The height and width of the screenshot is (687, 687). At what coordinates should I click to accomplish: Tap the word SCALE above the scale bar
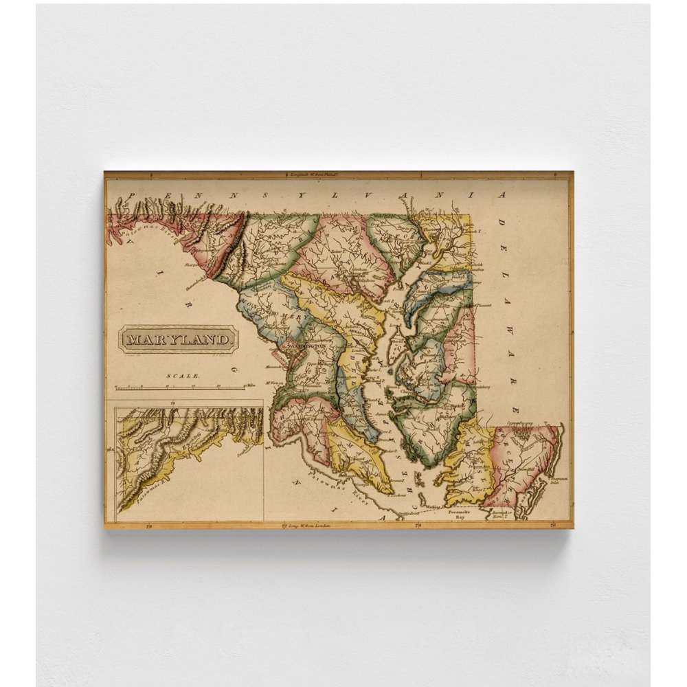coord(183,376)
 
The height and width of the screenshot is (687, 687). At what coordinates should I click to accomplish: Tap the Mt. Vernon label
coord(276,383)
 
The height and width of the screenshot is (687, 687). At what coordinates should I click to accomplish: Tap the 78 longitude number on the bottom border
coord(149,526)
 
